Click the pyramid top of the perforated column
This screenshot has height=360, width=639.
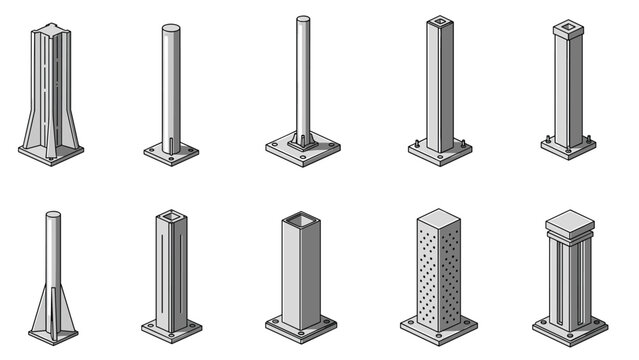(x=439, y=217)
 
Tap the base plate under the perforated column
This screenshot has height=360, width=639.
(x=439, y=326)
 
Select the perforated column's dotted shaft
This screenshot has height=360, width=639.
(x=439, y=270)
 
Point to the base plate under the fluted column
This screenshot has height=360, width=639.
(x=570, y=328)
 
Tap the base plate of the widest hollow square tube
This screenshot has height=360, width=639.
(x=300, y=326)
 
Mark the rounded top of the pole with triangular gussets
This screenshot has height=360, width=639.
(x=53, y=214)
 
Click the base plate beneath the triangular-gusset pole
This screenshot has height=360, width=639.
(x=53, y=335)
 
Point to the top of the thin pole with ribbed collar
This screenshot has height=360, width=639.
(x=302, y=18)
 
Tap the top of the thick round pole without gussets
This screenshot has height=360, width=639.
(x=171, y=27)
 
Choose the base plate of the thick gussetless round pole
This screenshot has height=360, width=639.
(x=171, y=154)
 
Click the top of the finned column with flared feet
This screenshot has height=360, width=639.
(x=50, y=28)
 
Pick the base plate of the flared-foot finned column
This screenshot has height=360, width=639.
(x=50, y=153)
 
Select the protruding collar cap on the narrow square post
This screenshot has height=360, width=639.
(x=568, y=28)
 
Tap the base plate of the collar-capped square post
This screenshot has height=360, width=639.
(x=568, y=146)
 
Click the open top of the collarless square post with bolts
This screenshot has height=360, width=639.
(x=440, y=19)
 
